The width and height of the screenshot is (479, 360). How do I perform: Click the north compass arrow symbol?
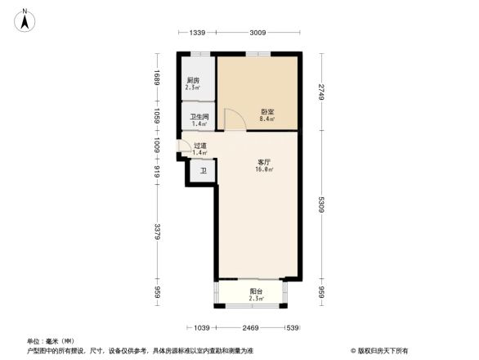(26, 19)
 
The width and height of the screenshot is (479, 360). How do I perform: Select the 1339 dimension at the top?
(196, 32)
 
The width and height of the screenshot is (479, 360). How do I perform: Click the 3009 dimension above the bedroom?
(257, 32)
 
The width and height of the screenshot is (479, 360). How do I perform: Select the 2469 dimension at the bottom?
(251, 328)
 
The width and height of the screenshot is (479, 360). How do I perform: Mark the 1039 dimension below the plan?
(204, 328)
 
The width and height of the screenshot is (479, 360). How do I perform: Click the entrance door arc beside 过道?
(182, 148)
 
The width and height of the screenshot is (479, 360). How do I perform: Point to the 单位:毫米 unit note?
(50, 340)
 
